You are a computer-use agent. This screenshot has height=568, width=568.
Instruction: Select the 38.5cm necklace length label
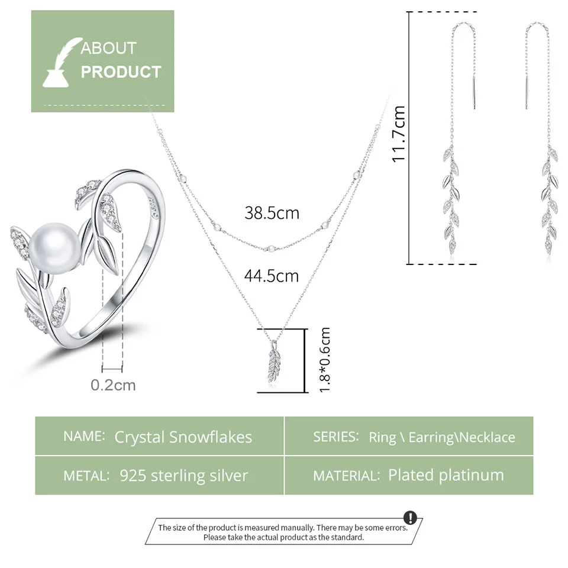click(272, 213)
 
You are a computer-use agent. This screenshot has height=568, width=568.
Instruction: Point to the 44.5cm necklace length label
click(272, 276)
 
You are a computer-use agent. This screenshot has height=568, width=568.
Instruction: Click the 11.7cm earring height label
click(399, 134)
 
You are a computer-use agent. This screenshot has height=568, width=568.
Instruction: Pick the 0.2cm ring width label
click(113, 385)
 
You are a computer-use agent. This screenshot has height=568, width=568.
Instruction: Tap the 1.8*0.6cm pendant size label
click(324, 360)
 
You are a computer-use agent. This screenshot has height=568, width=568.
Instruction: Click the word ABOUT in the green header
click(109, 48)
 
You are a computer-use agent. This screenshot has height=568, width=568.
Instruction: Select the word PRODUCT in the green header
click(121, 72)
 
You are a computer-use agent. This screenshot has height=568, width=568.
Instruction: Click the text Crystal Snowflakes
click(183, 437)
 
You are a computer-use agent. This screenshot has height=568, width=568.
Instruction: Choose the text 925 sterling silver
click(183, 475)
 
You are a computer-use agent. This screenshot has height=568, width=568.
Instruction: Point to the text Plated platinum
click(446, 475)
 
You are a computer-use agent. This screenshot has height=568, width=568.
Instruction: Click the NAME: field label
click(84, 437)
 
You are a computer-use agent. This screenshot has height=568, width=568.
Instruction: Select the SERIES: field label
click(336, 437)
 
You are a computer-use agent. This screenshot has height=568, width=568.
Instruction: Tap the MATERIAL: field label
click(347, 476)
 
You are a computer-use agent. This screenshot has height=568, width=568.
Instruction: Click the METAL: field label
click(86, 476)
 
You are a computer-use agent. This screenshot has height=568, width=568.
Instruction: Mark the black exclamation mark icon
click(410, 518)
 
